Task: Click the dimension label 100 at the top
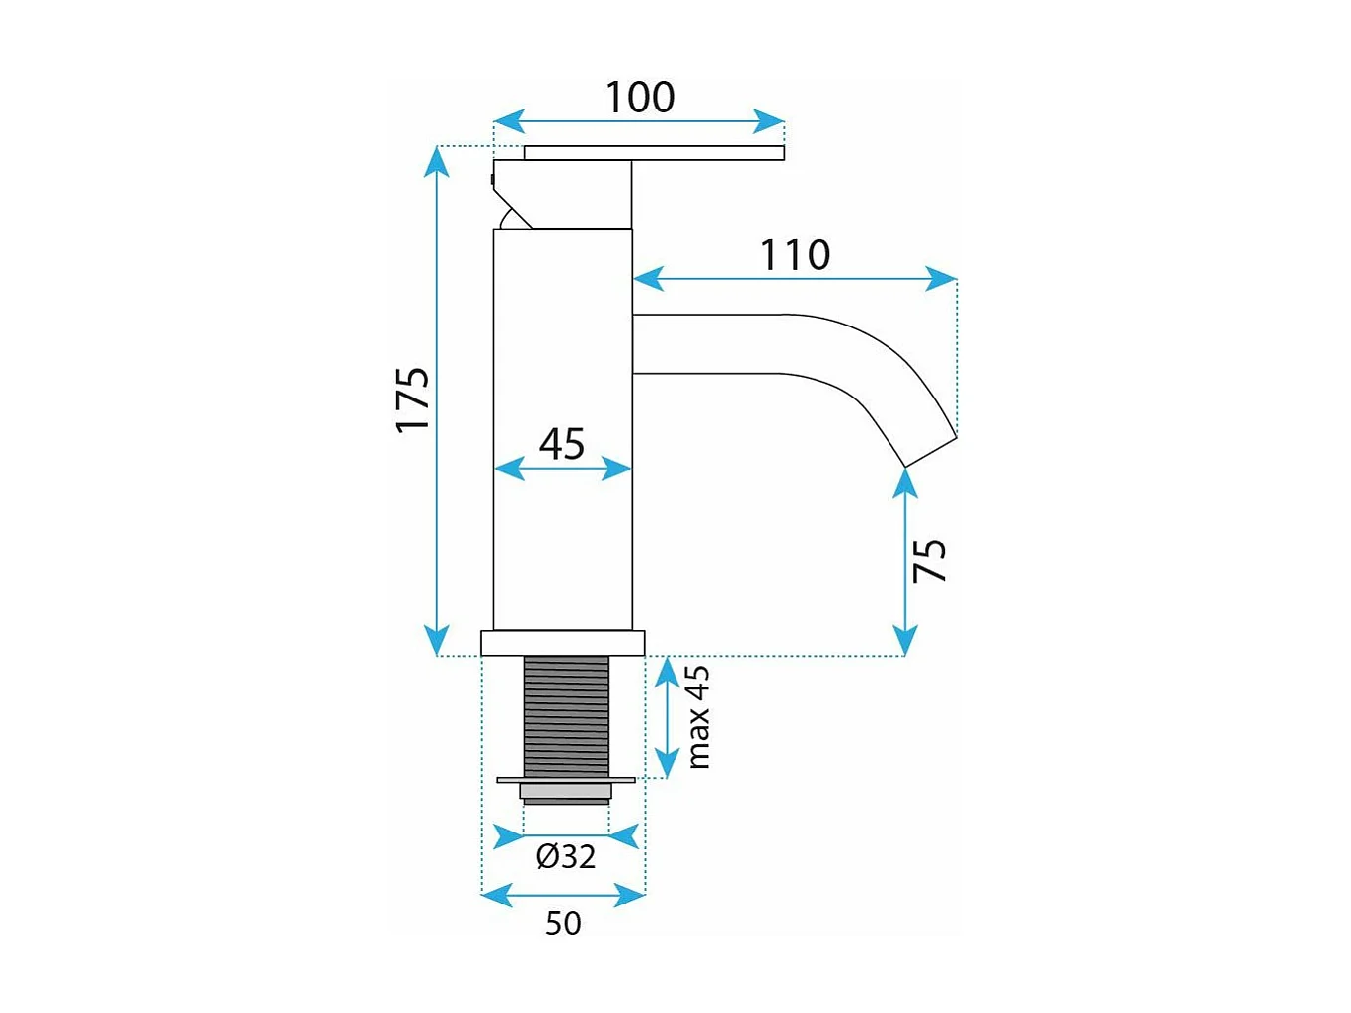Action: tap(639, 98)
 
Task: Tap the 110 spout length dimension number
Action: tap(795, 255)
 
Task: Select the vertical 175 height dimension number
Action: tap(413, 398)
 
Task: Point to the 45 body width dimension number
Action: tap(562, 444)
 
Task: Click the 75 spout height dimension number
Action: tap(930, 559)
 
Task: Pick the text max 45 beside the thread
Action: tap(697, 717)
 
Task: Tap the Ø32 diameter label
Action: tap(566, 856)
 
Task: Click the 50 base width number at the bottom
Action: tap(563, 923)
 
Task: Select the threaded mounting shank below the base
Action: tap(565, 715)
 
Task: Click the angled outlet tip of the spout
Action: tap(931, 450)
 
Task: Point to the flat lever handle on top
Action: tap(654, 152)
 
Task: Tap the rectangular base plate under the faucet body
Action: tap(562, 643)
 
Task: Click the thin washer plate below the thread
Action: tap(565, 780)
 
